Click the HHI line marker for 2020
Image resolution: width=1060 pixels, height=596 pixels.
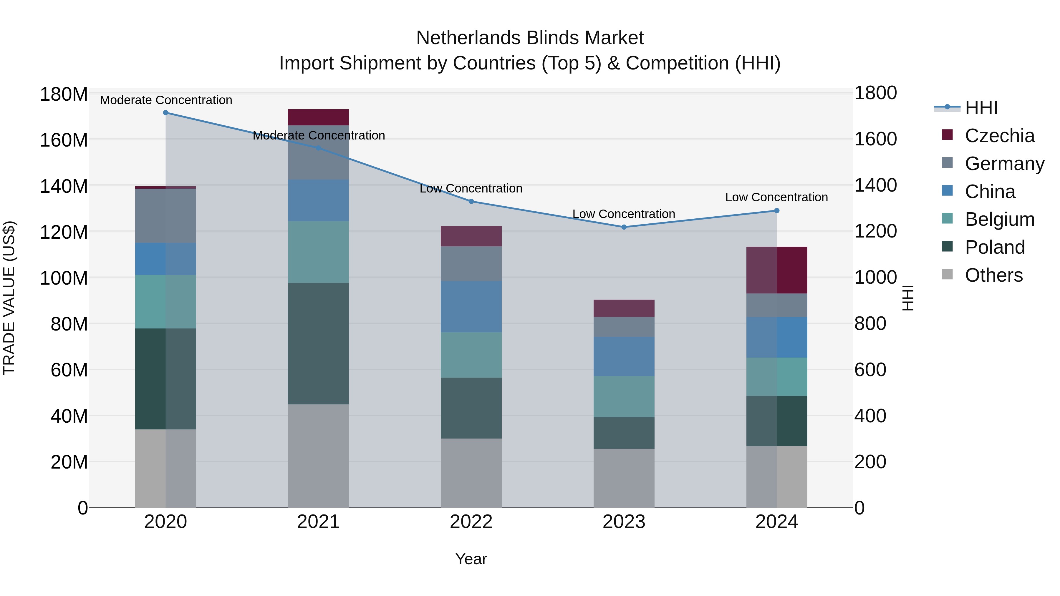click(165, 113)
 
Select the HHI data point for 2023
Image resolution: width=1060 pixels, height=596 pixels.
click(624, 227)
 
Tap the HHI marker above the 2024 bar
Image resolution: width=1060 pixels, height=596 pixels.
click(776, 211)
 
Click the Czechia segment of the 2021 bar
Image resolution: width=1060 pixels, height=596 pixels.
click(318, 117)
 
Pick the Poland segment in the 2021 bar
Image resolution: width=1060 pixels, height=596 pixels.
click(318, 343)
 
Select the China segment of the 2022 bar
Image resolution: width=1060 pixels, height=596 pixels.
click(471, 306)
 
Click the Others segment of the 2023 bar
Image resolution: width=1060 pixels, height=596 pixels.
click(624, 478)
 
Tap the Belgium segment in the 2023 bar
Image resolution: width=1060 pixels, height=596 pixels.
click(624, 396)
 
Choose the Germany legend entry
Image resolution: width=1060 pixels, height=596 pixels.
click(1004, 164)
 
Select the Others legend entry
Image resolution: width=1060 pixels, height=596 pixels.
click(993, 275)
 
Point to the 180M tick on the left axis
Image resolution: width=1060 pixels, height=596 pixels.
click(64, 94)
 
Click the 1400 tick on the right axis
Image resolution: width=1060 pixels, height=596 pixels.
click(875, 185)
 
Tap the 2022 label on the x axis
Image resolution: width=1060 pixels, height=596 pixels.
click(471, 522)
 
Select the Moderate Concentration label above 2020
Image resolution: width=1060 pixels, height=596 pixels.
click(166, 100)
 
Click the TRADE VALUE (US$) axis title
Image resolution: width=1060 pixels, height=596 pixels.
click(9, 298)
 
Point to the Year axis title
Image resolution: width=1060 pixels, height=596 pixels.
click(471, 559)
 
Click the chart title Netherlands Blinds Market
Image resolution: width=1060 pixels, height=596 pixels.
click(530, 38)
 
